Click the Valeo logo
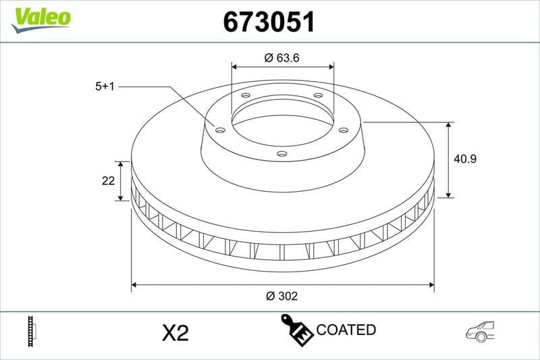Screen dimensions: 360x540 (x=40, y=17)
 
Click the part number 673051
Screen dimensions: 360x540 (x=269, y=22)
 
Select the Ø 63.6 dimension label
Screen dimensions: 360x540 (x=282, y=58)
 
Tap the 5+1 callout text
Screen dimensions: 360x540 (x=106, y=86)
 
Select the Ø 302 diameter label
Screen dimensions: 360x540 (x=282, y=296)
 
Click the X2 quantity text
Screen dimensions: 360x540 (x=175, y=332)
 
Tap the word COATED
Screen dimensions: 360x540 (x=346, y=330)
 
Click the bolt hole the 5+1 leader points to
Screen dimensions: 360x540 (x=220, y=130)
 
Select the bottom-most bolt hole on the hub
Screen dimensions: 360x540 (x=282, y=154)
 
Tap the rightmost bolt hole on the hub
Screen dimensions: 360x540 (x=343, y=130)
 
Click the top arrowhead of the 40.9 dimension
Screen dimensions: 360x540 (x=449, y=126)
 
